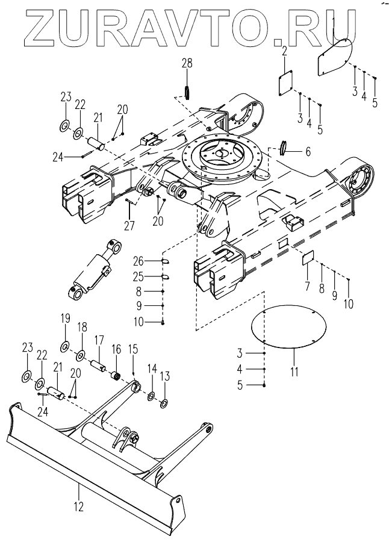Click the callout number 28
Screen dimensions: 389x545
[x=187, y=63]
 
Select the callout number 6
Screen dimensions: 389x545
[x=307, y=152]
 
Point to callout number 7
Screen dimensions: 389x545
[x=307, y=287]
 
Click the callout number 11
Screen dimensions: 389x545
[x=294, y=372]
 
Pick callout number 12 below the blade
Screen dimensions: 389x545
[x=79, y=506]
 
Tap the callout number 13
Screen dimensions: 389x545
[x=165, y=376]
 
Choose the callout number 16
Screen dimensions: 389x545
[x=116, y=349]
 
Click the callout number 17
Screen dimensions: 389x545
[x=99, y=340]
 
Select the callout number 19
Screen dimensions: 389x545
[x=66, y=319]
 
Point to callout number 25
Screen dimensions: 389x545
[x=138, y=276]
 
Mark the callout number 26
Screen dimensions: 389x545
[x=138, y=260]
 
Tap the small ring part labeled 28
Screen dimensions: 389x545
[x=187, y=92]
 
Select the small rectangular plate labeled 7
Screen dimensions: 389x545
[x=308, y=258]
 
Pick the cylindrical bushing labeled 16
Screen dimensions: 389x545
[x=116, y=376]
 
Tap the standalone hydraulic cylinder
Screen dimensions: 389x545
[x=94, y=270]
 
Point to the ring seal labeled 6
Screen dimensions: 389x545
[x=284, y=147]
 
